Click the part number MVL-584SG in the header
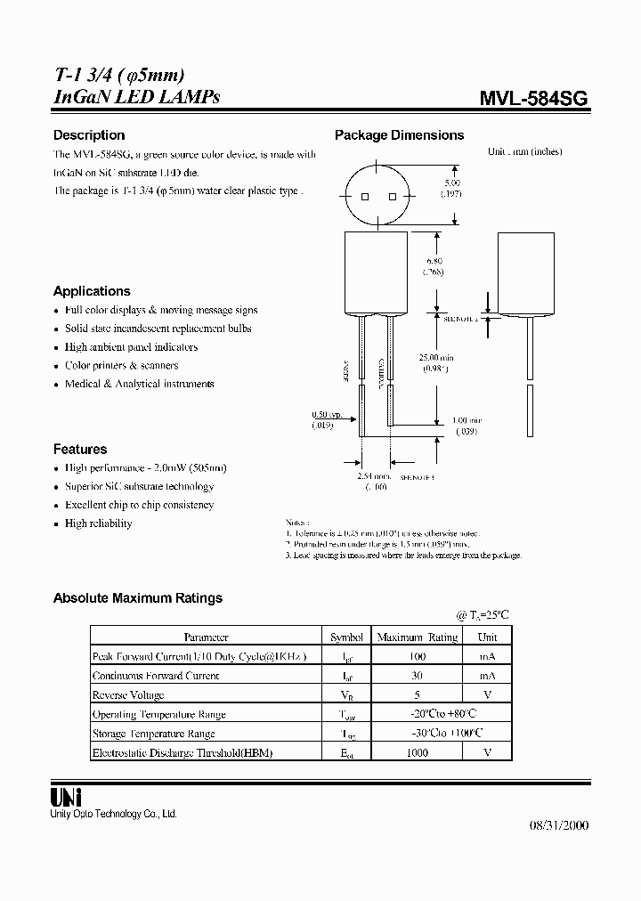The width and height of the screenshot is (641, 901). coord(533,100)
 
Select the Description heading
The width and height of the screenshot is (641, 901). coord(89,135)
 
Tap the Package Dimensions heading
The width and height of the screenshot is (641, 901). coord(399,135)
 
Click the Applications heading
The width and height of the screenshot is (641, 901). coord(92,291)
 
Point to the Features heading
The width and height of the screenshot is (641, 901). coord(80,450)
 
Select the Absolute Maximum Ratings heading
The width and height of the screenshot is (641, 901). coord(138,598)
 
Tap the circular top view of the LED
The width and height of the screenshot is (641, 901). coord(377,197)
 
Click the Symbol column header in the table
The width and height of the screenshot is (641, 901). coord(346,637)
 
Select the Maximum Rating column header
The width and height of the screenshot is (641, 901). coord(418,637)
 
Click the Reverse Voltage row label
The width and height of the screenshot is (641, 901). coord(128,695)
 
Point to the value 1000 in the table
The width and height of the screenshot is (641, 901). coord(416,753)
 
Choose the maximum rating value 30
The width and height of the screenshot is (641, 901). coord(416,676)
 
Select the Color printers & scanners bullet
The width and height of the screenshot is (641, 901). coord(121,366)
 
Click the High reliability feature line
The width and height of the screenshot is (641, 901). coord(98,524)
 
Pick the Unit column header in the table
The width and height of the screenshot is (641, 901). coord(487,637)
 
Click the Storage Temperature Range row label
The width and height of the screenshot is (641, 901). coord(153,734)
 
